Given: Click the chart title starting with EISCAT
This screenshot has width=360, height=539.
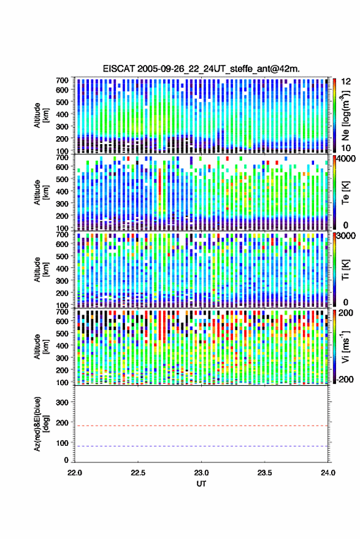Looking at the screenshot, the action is (201, 69).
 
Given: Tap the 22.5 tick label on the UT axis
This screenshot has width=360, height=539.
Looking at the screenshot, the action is (138, 473).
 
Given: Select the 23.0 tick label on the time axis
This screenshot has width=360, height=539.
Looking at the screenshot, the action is (201, 473).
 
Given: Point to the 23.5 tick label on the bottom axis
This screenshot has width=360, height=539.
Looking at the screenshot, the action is (264, 473).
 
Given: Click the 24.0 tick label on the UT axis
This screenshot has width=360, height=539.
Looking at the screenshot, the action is (327, 473).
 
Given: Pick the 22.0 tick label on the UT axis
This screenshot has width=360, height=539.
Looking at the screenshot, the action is (75, 473).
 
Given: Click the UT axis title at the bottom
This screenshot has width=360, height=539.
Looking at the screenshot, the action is (201, 484).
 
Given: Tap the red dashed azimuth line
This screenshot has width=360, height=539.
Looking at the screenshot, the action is (201, 426).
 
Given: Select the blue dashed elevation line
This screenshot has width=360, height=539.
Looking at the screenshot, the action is (201, 446).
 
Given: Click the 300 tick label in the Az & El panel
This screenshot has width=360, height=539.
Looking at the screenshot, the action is (62, 402).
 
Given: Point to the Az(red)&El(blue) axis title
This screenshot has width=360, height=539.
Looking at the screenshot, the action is (40, 424).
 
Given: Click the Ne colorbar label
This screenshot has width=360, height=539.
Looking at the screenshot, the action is (345, 115).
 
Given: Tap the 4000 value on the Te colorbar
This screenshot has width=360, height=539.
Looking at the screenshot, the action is (346, 159).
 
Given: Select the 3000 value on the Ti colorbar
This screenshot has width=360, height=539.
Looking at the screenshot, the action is (346, 236).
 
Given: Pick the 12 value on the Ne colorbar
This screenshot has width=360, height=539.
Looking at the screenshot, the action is (346, 82).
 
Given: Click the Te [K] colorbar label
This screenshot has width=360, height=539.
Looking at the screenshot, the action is (345, 193).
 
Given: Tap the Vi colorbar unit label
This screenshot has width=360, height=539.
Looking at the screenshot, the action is (345, 346).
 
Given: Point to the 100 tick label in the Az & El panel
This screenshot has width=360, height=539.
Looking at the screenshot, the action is (62, 443).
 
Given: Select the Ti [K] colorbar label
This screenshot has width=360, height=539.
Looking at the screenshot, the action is (345, 270).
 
